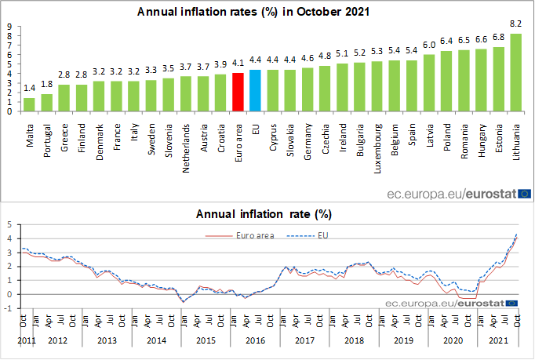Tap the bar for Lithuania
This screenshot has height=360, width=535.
[515, 72]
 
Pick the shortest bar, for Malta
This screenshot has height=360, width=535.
[29, 104]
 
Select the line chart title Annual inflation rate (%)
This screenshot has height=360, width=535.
[267, 213]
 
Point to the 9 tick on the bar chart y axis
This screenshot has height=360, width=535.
[10, 26]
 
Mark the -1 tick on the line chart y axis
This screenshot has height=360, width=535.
[9, 308]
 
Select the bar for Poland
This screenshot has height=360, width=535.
[446, 81]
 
